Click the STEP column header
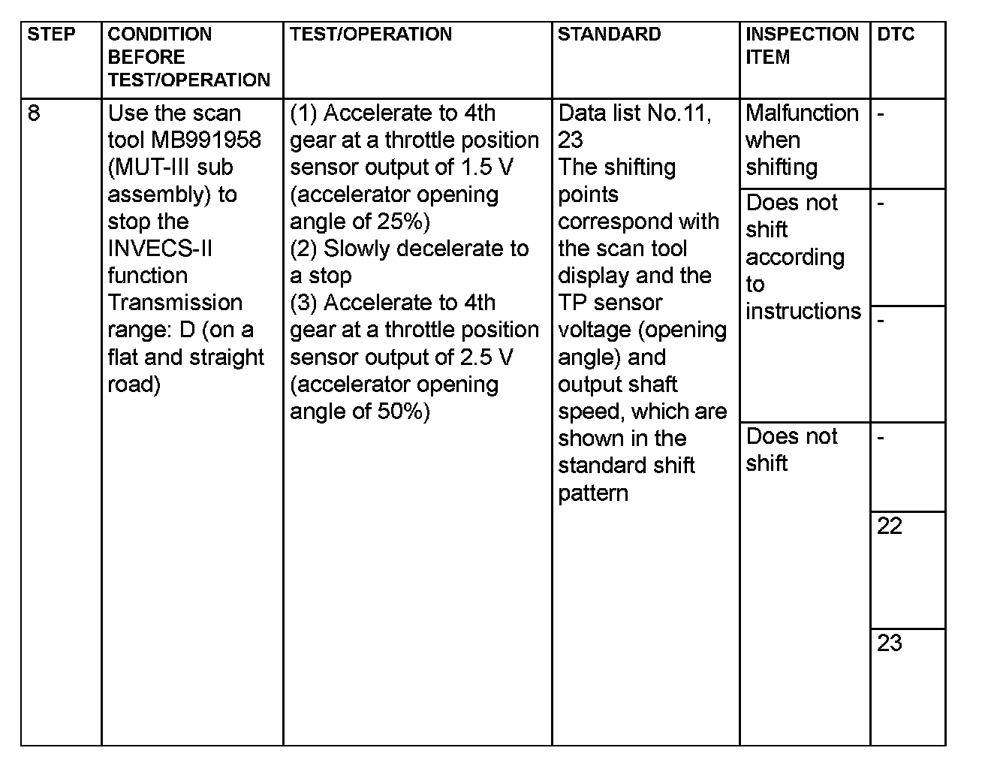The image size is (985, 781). tap(52, 35)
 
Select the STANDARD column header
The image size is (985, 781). tap(609, 35)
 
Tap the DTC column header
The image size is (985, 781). tap(896, 35)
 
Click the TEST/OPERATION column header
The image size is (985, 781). tap(371, 35)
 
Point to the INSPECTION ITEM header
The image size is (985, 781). tap(802, 45)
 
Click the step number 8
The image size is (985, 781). tap(35, 113)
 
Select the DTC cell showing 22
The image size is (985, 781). tap(890, 526)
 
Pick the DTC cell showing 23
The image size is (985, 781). tap(890, 644)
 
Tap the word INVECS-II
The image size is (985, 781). tap(160, 249)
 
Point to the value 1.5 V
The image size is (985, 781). tap(485, 167)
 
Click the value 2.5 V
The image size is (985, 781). tap(485, 357)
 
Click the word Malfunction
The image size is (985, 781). tap(802, 113)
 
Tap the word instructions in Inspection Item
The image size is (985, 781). tap(803, 311)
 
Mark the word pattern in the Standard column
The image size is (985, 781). tap(593, 493)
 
